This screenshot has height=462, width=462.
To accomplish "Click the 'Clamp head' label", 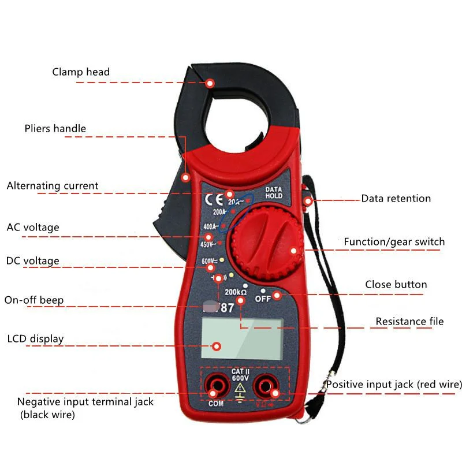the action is coord(81,72).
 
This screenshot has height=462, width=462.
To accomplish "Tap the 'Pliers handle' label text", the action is coord(55,128).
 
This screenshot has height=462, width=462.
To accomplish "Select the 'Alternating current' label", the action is coord(53,186).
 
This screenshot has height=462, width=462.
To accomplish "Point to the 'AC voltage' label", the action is coord(33,227).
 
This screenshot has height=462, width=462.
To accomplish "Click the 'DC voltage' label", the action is coord(33,261).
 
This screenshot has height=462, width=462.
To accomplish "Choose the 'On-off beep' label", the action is coord(34,300).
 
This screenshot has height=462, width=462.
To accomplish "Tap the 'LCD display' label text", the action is coord(35,338).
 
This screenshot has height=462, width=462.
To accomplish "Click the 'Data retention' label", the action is coord(396,199).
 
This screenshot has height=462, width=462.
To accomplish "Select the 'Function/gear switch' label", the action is coord(394,241).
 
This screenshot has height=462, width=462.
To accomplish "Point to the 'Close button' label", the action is coord(396,285).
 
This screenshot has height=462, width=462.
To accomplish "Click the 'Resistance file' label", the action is coord(409,321).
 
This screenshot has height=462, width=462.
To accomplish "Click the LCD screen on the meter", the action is coord(242,339).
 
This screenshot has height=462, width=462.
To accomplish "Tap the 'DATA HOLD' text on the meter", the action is coord(273,193).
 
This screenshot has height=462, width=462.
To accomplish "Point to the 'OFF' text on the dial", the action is coord(263,299).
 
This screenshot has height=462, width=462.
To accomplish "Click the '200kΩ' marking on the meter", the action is coord(236,292).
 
